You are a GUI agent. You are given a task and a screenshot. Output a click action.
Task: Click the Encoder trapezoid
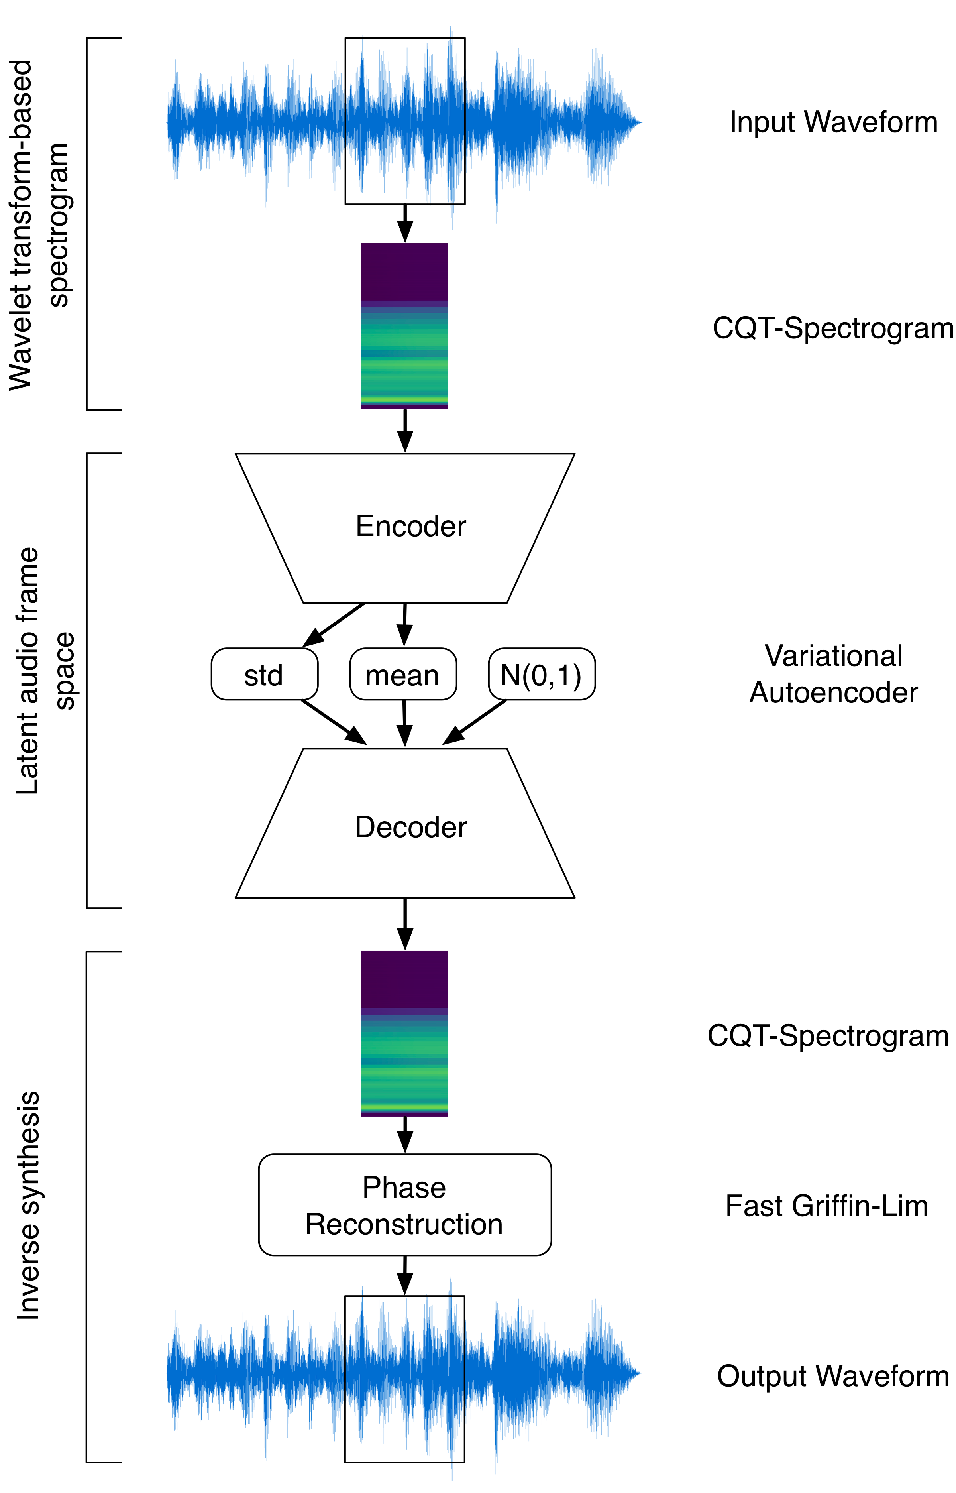pyautogui.click(x=405, y=528)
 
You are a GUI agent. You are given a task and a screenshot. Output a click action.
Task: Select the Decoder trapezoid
pyautogui.click(x=405, y=823)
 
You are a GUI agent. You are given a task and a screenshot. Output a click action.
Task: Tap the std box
pyautogui.click(x=265, y=675)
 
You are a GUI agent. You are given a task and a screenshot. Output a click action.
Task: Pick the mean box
pyautogui.click(x=403, y=675)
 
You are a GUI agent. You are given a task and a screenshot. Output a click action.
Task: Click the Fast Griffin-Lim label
pyautogui.click(x=827, y=1206)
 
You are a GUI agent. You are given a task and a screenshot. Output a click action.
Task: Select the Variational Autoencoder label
pyautogui.click(x=833, y=674)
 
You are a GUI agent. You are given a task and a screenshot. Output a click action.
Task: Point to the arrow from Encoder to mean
pyautogui.click(x=405, y=625)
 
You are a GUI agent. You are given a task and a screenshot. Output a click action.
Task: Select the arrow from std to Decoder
pyautogui.click(x=334, y=722)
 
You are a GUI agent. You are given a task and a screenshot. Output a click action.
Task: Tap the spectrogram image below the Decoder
pyautogui.click(x=404, y=1033)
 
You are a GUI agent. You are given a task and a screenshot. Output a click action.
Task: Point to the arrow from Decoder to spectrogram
pyautogui.click(x=405, y=924)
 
